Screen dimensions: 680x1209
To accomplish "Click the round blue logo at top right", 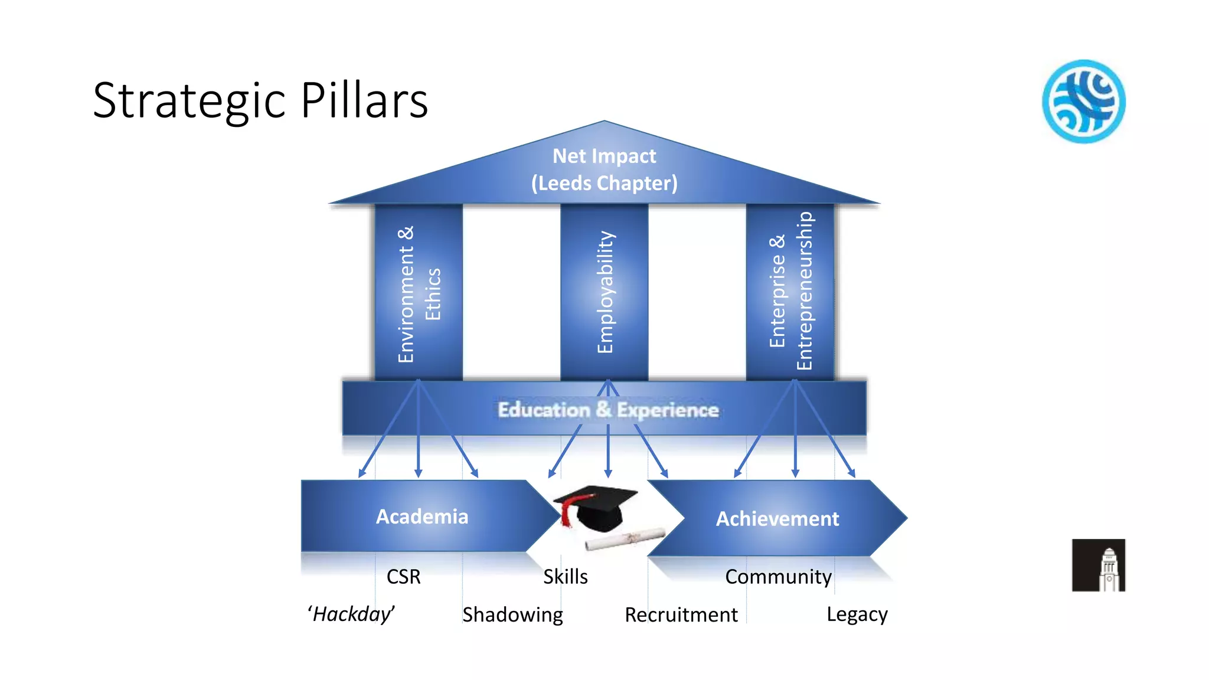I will [1083, 102].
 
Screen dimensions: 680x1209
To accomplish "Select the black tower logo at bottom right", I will [1098, 565].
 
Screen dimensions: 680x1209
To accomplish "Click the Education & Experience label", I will [607, 410].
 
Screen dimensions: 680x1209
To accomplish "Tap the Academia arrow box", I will [422, 516].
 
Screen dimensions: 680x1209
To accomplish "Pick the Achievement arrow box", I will [777, 519].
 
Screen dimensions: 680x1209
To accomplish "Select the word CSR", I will [403, 577].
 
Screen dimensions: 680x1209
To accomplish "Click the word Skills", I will [565, 577].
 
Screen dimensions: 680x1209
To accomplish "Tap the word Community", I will [778, 577].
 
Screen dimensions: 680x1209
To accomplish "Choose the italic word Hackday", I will [351, 614].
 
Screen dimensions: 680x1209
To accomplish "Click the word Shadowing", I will [512, 615].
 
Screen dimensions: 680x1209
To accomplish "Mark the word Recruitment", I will [681, 615].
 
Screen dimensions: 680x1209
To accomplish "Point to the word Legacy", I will [857, 614].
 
